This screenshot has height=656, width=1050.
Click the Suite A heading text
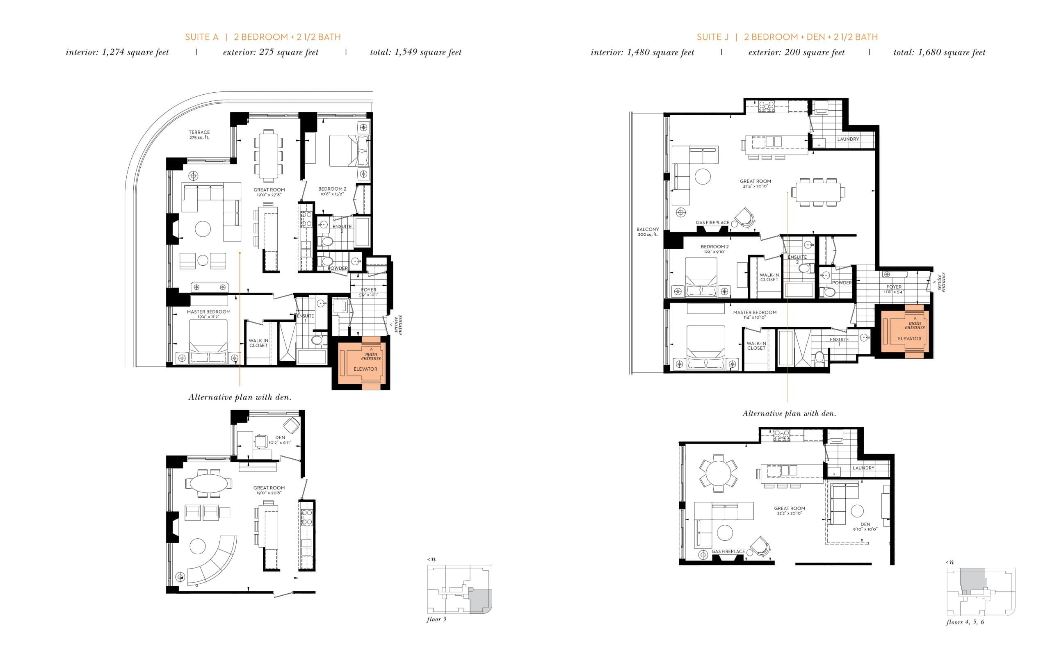coord(262,37)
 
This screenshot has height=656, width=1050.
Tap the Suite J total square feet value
coord(939,52)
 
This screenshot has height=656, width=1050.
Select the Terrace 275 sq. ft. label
coord(199,134)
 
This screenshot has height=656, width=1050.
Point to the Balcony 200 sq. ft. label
coord(647,232)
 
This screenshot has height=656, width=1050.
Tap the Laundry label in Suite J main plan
coord(848,139)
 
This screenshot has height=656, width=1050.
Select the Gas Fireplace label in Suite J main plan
coord(712,223)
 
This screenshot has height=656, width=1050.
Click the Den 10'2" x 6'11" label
coord(280,440)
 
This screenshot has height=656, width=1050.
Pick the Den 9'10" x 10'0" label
coord(865,527)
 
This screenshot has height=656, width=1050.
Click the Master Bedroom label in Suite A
coord(208,314)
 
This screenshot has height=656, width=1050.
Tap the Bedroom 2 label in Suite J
coord(714,248)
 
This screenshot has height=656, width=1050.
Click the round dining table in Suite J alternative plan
coord(718,473)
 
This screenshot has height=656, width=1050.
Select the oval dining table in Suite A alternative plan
coord(208,483)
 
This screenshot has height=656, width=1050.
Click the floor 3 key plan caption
coord(436,619)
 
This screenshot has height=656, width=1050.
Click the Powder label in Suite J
coord(842,282)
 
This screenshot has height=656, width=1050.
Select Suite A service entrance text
coord(397,325)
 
